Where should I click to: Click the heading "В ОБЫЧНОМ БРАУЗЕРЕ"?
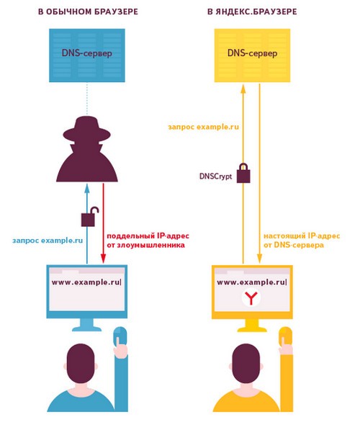88,12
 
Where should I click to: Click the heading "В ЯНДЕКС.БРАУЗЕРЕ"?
252,12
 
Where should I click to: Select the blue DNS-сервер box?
87,55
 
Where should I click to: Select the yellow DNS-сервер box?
252,55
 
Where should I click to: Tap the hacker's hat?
86,129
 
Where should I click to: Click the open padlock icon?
90,216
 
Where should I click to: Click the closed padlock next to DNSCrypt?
243,173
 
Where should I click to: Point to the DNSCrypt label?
215,176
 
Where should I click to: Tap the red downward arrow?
103,223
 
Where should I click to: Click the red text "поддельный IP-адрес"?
148,236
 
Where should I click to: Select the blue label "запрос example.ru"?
48,241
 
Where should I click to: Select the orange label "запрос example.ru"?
203,127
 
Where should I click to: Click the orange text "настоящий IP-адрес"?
302,236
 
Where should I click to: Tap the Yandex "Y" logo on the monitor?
251,297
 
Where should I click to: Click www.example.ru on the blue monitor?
86,282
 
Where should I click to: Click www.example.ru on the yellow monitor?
252,282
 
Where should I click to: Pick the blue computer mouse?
120,336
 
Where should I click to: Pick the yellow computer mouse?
285,336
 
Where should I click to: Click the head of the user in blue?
81,364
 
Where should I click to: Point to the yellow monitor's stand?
252,326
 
